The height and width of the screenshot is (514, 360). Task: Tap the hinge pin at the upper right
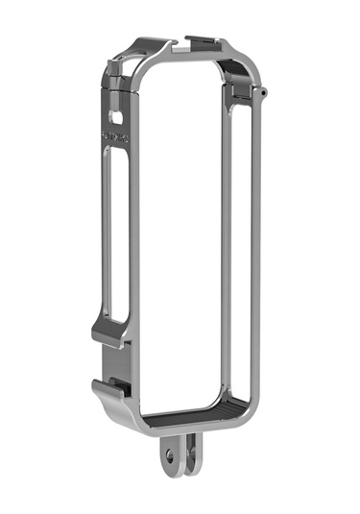pyautogui.click(x=262, y=92)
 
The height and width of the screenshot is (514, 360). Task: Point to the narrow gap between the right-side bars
pyautogui.click(x=239, y=240)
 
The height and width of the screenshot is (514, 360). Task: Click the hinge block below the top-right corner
pyautogui.click(x=239, y=96)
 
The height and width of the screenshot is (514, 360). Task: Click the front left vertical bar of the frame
pyautogui.click(x=134, y=240)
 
